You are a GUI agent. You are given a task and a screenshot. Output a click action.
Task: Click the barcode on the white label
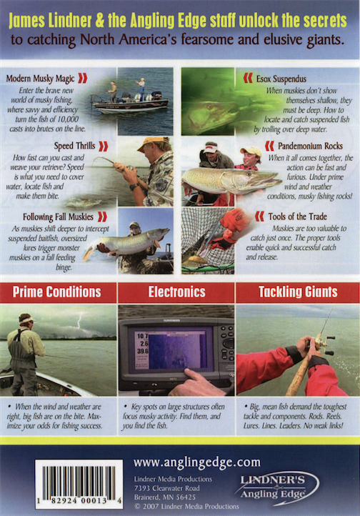pos(79,480)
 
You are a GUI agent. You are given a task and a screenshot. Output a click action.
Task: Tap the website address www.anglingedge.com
pos(197,462)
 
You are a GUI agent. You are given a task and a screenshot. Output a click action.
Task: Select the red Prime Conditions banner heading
pos(57,292)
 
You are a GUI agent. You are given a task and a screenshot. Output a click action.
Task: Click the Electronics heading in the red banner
pos(176,292)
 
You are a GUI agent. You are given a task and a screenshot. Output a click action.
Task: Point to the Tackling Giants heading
pos(298,292)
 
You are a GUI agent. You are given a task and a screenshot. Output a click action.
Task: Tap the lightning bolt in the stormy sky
pos(79,320)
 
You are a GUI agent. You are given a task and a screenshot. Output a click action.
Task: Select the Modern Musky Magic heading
pos(40,79)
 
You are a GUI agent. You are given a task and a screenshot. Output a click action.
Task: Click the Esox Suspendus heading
pos(281,79)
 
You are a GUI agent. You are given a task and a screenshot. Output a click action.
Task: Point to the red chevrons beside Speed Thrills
pos(104,146)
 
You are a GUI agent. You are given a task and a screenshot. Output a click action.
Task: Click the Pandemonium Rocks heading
pos(310,146)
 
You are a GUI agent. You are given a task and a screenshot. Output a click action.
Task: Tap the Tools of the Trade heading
pos(297,217)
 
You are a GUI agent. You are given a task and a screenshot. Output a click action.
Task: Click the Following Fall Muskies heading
pos(58,217)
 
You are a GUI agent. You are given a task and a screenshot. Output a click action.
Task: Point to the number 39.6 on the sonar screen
pos(143,351)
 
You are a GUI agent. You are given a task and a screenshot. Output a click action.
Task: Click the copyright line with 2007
pos(186,506)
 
